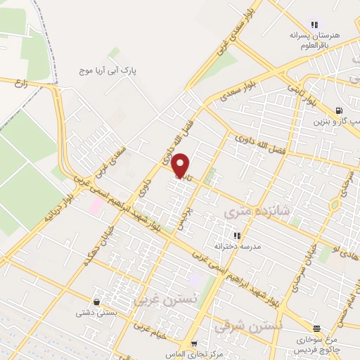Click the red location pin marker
[x=181, y=166]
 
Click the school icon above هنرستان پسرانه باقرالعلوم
[x=314, y=25]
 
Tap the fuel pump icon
[x=340, y=110]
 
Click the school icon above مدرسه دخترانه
[x=237, y=236]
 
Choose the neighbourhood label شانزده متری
[x=248, y=210]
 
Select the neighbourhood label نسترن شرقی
[x=258, y=326]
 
